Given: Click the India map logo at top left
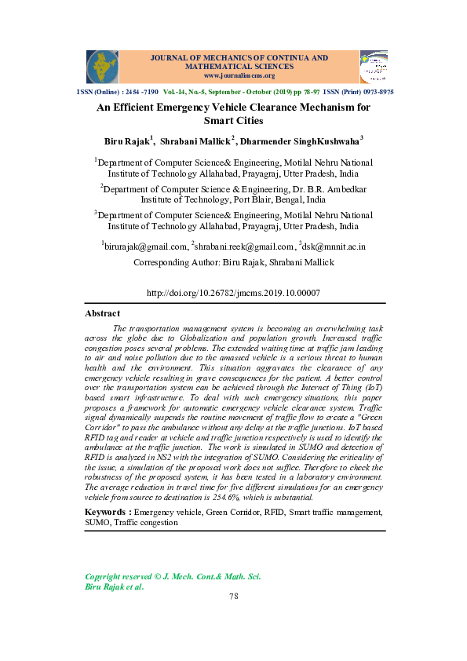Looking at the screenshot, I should [x=102, y=67].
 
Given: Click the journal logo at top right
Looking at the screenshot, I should [x=374, y=67].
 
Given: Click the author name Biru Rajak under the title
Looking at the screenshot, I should [x=128, y=142].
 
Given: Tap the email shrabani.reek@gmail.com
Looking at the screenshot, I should [x=244, y=247].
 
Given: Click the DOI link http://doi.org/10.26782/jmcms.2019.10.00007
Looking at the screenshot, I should [x=233, y=293].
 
